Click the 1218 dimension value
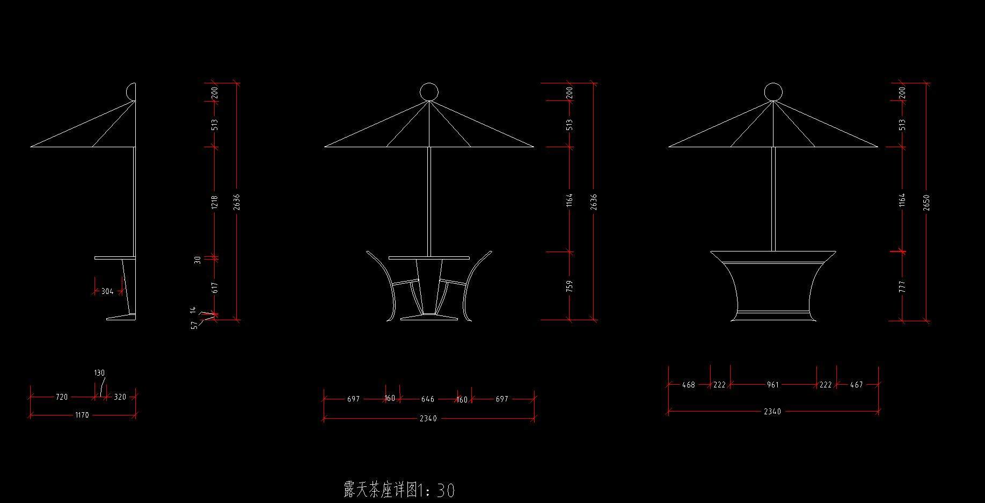point(215,202)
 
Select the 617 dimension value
point(215,288)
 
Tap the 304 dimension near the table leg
point(107,291)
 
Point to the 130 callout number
point(99,373)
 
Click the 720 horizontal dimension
point(62,397)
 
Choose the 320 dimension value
point(120,397)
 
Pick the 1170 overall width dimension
point(82,415)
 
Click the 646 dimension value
point(428,399)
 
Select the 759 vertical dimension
point(570,286)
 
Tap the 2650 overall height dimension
point(926,202)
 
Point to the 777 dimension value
point(902,286)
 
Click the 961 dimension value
point(773,385)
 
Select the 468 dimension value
point(688,385)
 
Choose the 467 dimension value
point(857,385)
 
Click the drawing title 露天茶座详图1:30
point(399,490)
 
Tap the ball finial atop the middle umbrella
point(429,92)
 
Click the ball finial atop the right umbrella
point(773,92)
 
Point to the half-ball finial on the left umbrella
point(131,92)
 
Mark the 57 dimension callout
point(194,325)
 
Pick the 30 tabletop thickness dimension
point(198,260)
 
